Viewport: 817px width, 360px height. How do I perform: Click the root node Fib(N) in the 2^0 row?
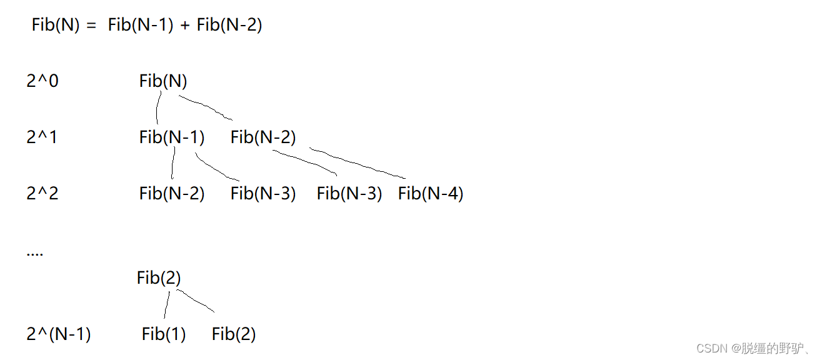163,81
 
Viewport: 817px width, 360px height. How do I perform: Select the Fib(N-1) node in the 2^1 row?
172,137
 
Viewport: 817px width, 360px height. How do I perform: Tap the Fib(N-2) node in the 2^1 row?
263,137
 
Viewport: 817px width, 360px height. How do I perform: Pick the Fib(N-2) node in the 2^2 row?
172,194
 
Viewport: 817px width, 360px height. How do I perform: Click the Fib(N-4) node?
431,194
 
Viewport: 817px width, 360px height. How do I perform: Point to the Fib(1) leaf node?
164,334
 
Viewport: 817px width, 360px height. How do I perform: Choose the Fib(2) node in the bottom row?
234,334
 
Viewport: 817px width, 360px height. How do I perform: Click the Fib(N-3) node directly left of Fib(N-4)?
349,194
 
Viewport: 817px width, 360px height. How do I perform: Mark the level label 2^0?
43,81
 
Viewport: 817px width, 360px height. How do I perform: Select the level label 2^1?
42,137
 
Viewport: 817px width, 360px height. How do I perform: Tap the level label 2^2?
43,194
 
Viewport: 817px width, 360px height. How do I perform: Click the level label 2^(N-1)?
59,334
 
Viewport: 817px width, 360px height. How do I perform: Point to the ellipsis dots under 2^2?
35,255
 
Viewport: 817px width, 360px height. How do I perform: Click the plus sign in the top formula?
185,26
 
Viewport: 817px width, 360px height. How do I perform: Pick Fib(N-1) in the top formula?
141,26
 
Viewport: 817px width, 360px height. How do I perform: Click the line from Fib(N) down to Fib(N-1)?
159,107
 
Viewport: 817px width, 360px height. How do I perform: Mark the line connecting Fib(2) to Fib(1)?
167,305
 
